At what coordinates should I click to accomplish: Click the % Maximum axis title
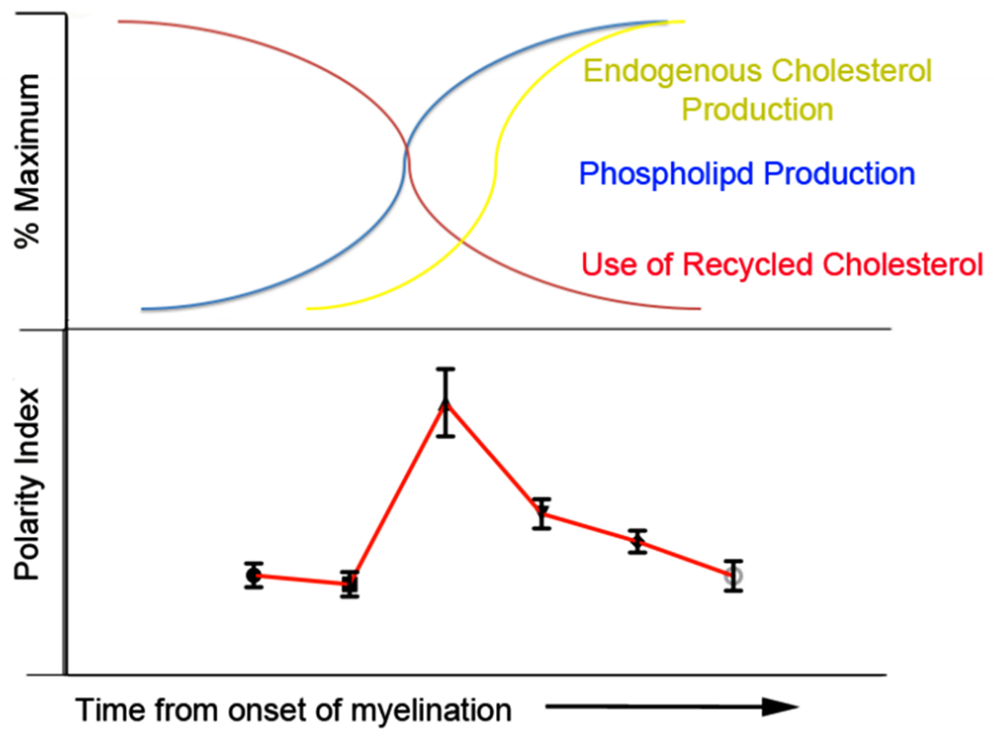28,161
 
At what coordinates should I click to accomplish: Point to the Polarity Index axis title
28,485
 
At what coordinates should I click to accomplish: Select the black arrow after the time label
670,707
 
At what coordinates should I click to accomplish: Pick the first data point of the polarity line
254,575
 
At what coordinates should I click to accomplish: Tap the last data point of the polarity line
733,576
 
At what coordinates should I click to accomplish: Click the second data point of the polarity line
350,584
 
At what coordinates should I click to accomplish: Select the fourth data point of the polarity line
541,513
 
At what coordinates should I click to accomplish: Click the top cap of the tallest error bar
445,369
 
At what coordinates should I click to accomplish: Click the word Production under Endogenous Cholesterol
758,110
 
